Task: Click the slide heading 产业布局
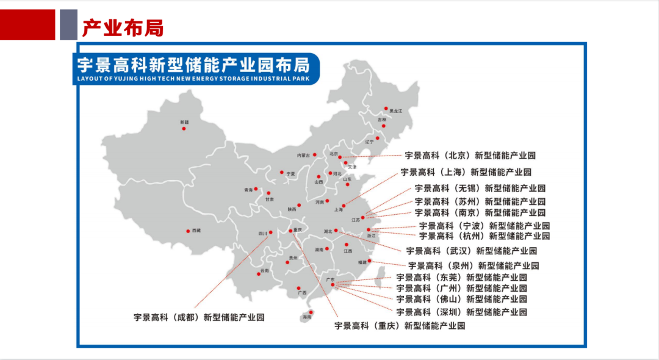click(122, 27)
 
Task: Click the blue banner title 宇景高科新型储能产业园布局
click(193, 63)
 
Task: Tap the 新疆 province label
click(184, 123)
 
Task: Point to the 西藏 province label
click(196, 231)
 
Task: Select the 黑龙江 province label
click(396, 110)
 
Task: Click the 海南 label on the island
click(307, 317)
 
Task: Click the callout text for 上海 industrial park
click(466, 172)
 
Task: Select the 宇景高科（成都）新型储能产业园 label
click(199, 317)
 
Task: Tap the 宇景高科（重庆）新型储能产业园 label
click(400, 326)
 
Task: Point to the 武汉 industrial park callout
click(471, 251)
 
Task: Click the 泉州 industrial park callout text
click(474, 265)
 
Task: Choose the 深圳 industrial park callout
click(461, 312)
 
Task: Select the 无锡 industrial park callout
click(480, 188)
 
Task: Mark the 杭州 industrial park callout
click(484, 236)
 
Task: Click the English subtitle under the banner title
click(193, 79)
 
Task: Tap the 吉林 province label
click(382, 120)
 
